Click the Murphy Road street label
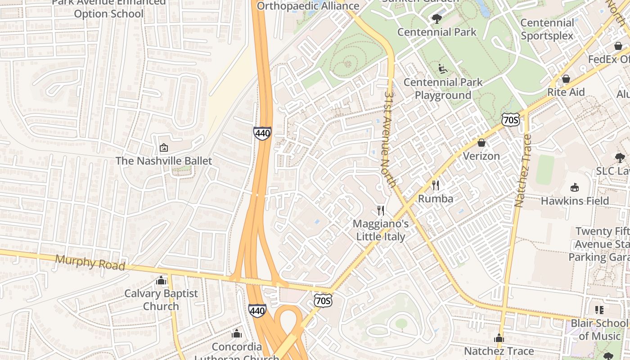coord(90,263)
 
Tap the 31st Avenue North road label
coord(389,139)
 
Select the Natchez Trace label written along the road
coord(522,171)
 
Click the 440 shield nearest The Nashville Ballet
coord(262,133)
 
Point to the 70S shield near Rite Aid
coord(511,120)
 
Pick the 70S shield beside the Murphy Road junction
coord(323,301)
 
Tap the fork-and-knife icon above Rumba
coord(435,185)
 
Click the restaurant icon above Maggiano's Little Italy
coord(381,210)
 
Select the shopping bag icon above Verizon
coord(481,143)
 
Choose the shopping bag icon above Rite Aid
coord(566,79)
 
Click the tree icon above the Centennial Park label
coord(436,18)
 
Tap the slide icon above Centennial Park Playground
coord(443,69)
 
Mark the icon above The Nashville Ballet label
coord(164,147)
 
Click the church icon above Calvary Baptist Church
coord(161,280)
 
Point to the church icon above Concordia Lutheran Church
coord(236,333)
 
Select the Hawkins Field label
coord(575,201)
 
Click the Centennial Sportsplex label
coord(547,29)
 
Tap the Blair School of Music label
coord(598,329)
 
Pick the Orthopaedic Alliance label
coord(308,6)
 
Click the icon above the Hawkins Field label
coord(574,187)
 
